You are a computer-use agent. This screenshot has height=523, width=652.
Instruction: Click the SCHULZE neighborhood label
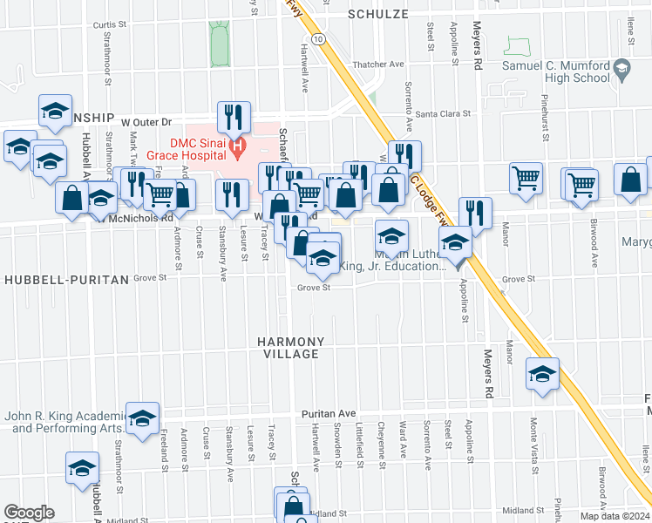(x=377, y=14)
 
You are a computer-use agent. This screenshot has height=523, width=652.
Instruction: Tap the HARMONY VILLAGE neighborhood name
(x=291, y=348)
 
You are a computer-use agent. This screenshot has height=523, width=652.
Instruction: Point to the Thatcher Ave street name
(x=378, y=64)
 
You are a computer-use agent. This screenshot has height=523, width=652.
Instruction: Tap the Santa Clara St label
(x=443, y=113)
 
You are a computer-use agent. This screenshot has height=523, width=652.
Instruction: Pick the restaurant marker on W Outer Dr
(x=234, y=117)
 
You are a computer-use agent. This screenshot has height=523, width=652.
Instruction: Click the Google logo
(x=29, y=513)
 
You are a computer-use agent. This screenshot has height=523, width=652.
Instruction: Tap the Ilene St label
(x=629, y=35)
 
